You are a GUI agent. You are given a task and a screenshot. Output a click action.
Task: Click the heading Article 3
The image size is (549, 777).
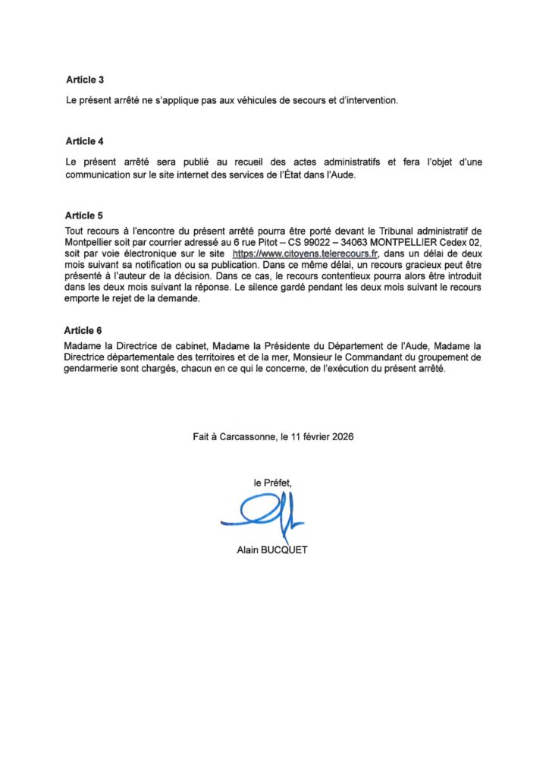(80, 80)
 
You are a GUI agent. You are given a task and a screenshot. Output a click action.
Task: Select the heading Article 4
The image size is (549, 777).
(80, 141)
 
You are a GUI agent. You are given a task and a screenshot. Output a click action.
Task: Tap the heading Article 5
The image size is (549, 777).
(80, 215)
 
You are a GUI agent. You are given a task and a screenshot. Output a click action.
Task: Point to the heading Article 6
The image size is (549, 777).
(80, 331)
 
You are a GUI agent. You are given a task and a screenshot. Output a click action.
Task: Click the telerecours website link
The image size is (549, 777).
(305, 253)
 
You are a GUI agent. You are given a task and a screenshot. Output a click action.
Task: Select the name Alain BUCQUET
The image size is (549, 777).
(272, 550)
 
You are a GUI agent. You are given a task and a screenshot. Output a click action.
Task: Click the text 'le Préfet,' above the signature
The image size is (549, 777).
(272, 482)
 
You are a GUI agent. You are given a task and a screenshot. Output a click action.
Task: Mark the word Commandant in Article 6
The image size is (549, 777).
(370, 357)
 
